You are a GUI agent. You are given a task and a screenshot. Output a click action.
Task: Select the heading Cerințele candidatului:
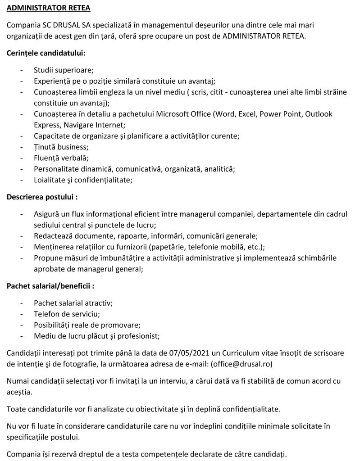[46, 53]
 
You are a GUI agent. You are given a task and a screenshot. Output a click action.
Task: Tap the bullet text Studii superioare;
[64, 70]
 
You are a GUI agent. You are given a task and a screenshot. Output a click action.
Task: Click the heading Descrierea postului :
[43, 197]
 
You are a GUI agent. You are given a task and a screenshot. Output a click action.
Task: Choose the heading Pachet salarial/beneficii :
[50, 285]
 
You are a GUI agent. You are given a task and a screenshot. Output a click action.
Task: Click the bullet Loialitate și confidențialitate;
[83, 180]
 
